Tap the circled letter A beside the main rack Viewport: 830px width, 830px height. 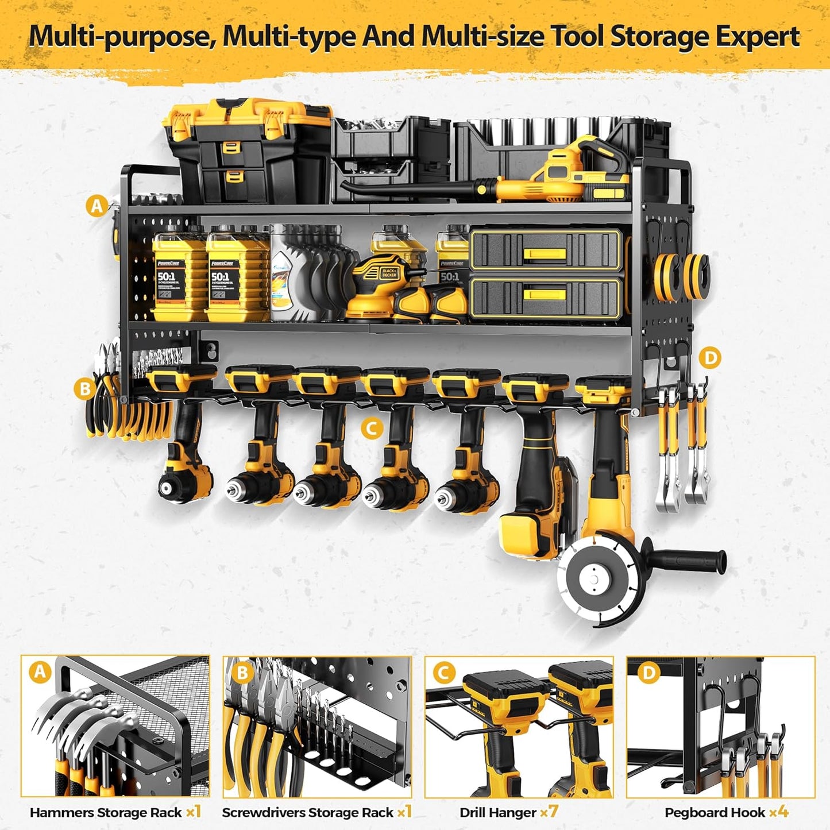tap(96, 205)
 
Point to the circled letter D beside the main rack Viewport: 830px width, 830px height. tap(711, 358)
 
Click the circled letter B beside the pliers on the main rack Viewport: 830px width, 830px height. tap(84, 389)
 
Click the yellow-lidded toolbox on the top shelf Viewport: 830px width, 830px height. tap(247, 149)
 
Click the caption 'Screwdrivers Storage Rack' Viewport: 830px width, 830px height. tap(307, 812)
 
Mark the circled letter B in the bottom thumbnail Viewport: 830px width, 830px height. tap(242, 672)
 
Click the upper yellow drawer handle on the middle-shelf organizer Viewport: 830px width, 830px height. tap(545, 250)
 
